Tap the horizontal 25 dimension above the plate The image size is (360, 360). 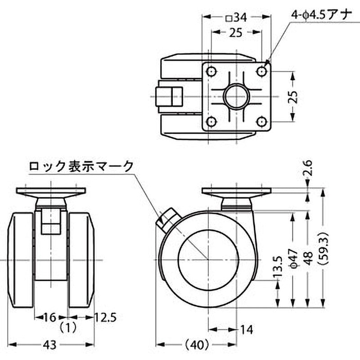pyautogui.click(x=236, y=32)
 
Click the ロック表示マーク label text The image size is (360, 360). pyautogui.click(x=81, y=166)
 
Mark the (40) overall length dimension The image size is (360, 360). pyautogui.click(x=196, y=345)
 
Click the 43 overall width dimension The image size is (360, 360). pyautogui.click(x=51, y=345)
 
